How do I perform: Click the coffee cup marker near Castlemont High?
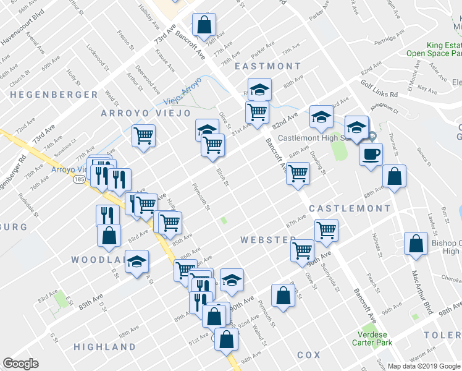coord(370,155)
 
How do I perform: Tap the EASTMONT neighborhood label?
coord(267,66)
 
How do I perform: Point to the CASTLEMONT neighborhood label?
coord(350,208)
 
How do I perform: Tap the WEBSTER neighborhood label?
coord(268,239)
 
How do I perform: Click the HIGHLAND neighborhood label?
coord(104,347)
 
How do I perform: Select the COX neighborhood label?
coord(309,355)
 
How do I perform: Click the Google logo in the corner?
coord(20,364)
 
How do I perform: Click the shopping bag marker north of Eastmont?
coord(203,26)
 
